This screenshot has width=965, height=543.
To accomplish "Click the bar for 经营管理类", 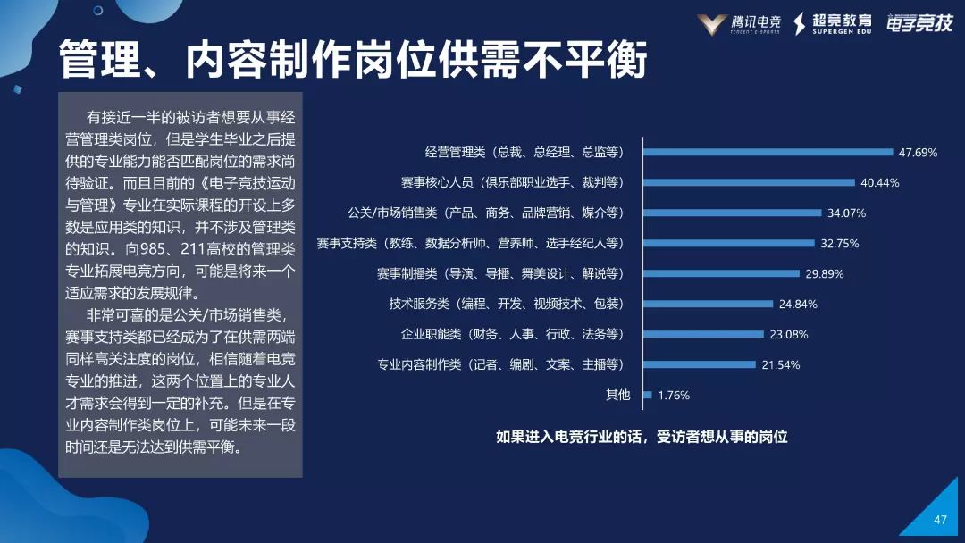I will pyautogui.click(x=768, y=152).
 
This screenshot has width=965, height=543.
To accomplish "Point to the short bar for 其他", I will pyautogui.click(x=647, y=395).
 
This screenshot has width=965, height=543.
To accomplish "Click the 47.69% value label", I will pyautogui.click(x=918, y=153).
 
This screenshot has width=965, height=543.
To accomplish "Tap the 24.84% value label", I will pyautogui.click(x=798, y=304).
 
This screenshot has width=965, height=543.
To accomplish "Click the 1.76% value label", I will pyautogui.click(x=674, y=395).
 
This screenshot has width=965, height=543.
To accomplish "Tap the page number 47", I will pyautogui.click(x=939, y=520).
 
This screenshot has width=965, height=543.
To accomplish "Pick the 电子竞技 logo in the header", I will pyautogui.click(x=919, y=24).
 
